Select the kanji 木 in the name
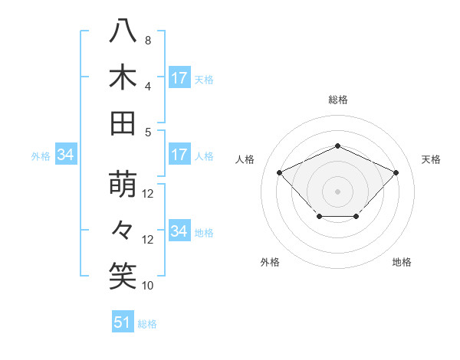[x=123, y=77]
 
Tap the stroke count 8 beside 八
[x=147, y=40]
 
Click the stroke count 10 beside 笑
[x=148, y=286]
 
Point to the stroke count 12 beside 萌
[x=148, y=194]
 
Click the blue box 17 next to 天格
[x=179, y=78]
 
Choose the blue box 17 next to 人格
[x=179, y=155]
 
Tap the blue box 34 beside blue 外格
[x=65, y=155]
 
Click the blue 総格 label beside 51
[x=147, y=324]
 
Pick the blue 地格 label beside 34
[x=204, y=232]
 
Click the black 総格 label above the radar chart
[x=337, y=100]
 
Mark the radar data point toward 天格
[x=396, y=172]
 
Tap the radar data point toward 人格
[x=279, y=172]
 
